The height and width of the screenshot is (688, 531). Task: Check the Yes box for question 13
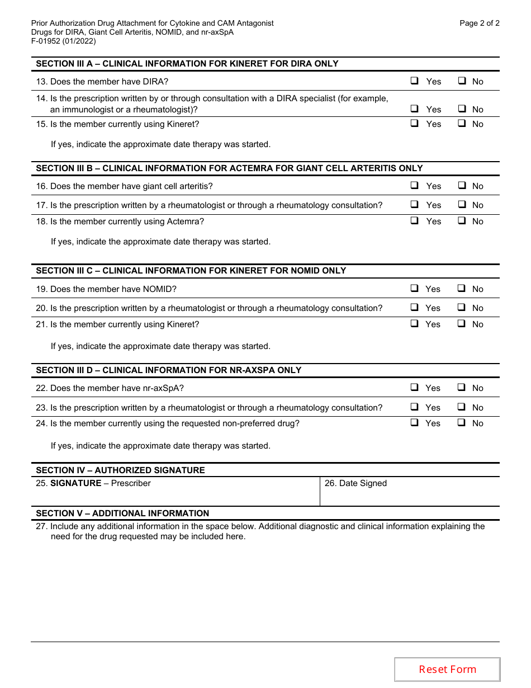point(415,81)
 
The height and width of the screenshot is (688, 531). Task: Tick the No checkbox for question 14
point(462,109)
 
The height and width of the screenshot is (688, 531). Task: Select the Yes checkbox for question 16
point(415,186)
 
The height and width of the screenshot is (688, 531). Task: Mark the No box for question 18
point(462,221)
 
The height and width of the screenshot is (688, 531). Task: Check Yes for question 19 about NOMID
point(415,289)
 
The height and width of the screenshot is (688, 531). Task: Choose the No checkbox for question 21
point(462,324)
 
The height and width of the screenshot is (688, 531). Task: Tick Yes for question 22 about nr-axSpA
point(415,388)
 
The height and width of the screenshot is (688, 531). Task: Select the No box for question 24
point(462,423)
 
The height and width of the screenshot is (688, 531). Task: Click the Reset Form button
point(447,669)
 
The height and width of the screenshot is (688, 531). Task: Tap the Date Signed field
point(409,492)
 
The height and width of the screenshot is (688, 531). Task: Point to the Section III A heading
point(187,64)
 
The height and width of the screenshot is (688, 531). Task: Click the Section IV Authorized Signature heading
point(120,470)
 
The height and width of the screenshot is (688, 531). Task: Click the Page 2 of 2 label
point(479,23)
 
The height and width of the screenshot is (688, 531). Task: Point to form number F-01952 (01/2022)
point(63,41)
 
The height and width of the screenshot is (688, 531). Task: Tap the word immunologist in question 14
point(82,110)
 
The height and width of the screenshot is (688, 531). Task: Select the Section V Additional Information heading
point(122,513)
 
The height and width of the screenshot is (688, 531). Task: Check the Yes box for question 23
point(415,407)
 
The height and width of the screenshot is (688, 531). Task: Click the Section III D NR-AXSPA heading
point(168,370)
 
